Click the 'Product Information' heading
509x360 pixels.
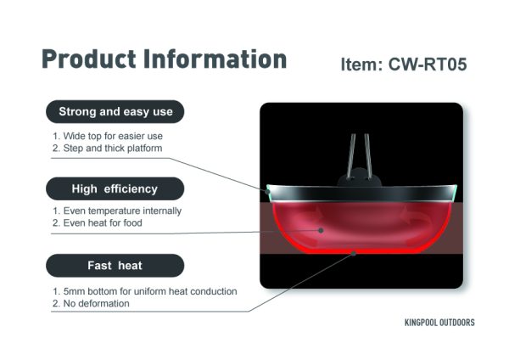point(165,59)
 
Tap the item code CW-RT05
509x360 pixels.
point(428,65)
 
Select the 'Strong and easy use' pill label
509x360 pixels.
point(115,111)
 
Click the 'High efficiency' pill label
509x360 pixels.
point(115,188)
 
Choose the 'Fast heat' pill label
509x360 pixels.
point(115,266)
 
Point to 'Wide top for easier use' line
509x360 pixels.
point(108,136)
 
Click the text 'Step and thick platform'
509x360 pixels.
point(107,148)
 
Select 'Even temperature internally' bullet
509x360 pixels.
point(117,211)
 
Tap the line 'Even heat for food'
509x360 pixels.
point(97,223)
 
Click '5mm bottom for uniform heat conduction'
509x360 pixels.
point(144,291)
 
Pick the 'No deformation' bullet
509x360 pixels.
point(91,303)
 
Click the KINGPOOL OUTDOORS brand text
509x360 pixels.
point(439,323)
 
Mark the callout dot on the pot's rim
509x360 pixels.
point(267,192)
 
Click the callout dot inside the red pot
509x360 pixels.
point(321,230)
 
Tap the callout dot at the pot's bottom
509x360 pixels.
point(354,253)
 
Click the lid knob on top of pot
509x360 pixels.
point(360,177)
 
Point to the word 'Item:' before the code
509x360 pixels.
point(362,65)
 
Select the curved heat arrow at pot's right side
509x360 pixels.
point(417,219)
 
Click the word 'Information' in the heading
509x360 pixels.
point(215,59)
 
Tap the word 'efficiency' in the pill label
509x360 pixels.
point(131,188)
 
